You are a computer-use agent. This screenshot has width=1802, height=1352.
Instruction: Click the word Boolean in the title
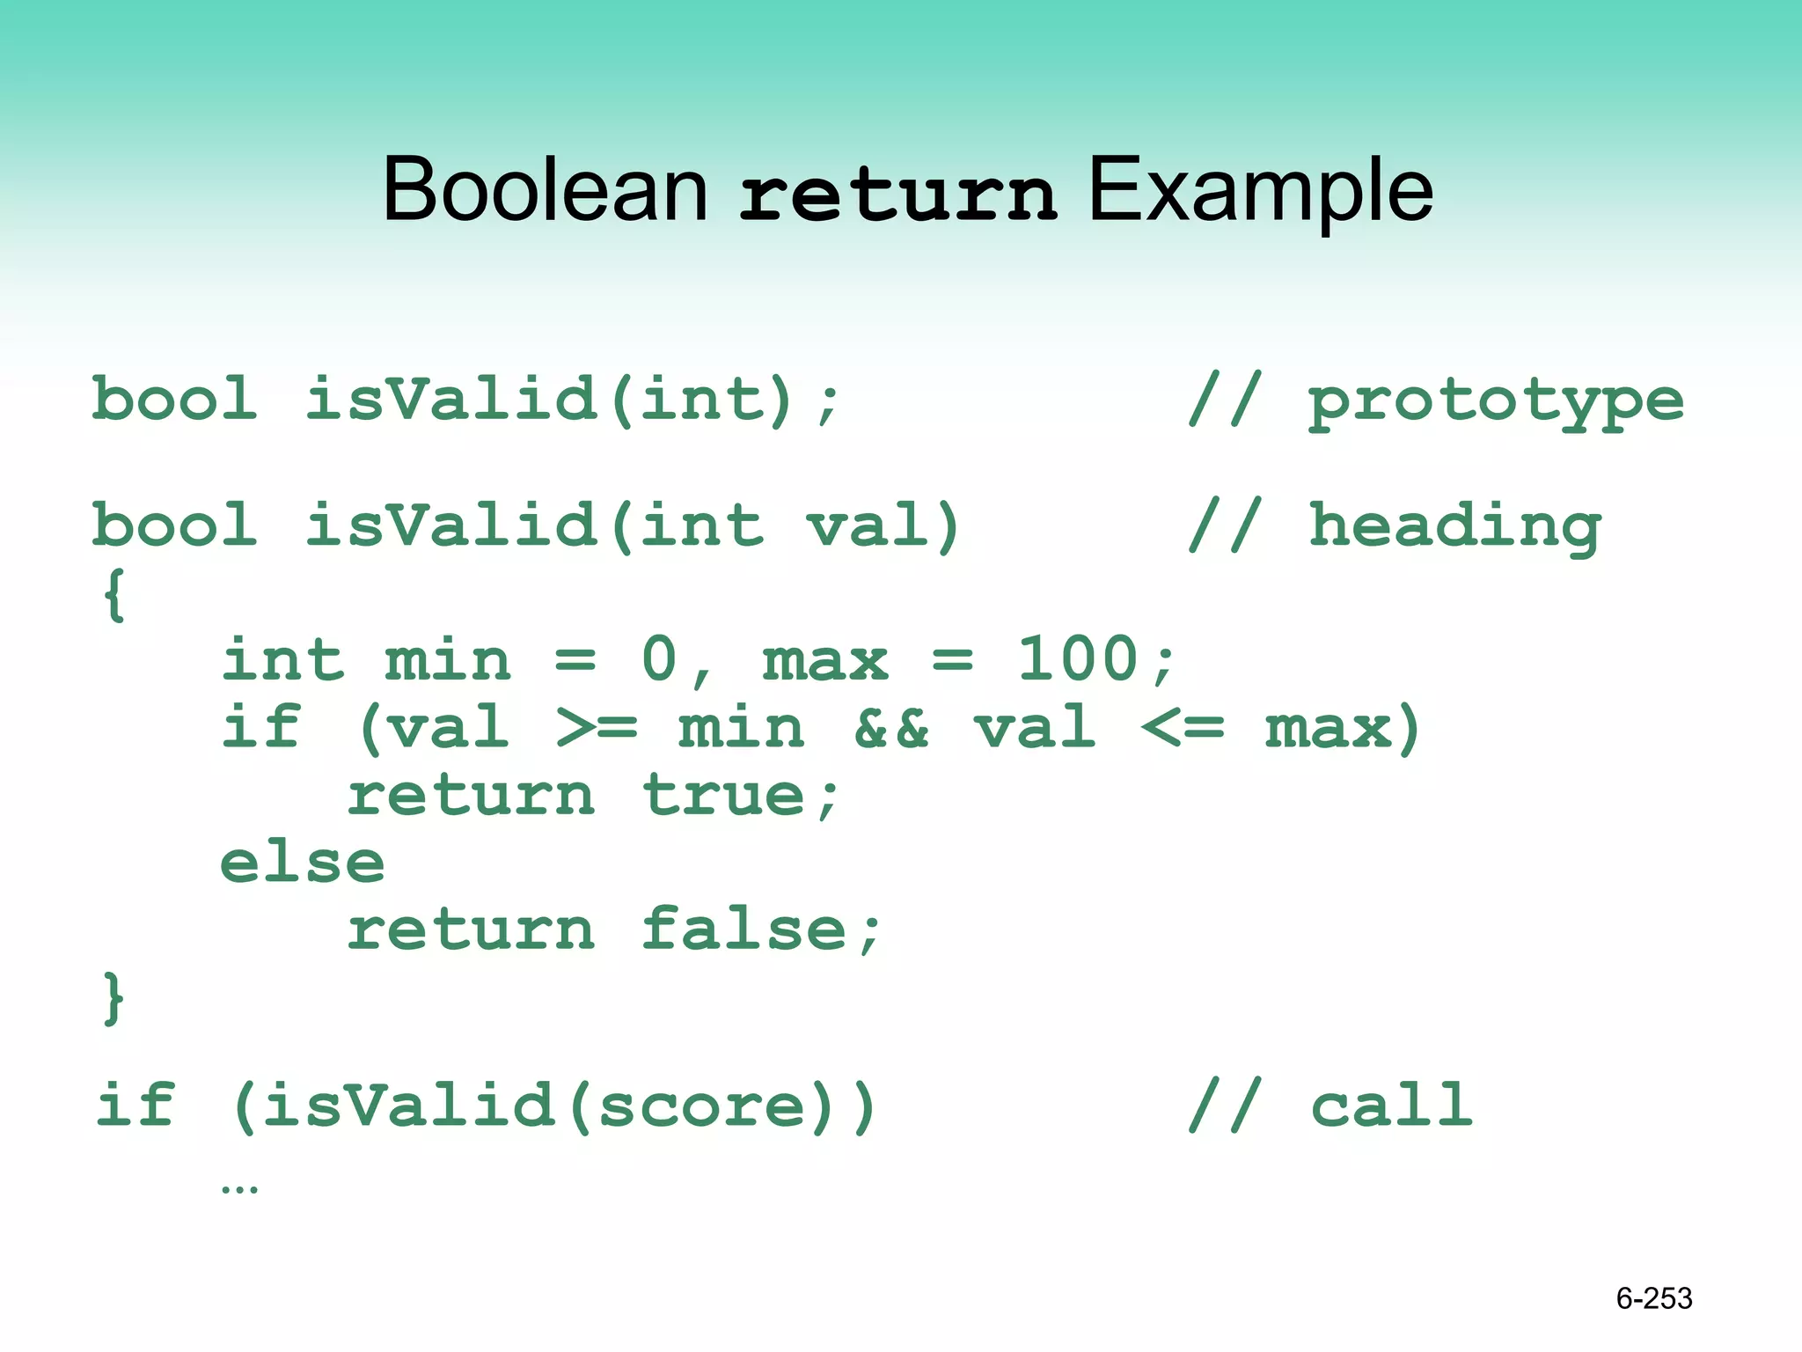(x=545, y=189)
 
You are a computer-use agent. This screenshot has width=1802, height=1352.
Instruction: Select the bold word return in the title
(x=897, y=195)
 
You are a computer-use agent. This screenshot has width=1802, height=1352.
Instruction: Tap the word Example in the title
(x=1261, y=189)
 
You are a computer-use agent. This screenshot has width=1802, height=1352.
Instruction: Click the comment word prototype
(x=1496, y=401)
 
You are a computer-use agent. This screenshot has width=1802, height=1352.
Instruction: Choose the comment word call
(x=1391, y=1105)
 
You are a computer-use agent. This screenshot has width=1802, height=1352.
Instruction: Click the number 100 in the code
(x=1078, y=659)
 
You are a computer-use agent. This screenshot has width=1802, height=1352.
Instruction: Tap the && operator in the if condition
(x=890, y=729)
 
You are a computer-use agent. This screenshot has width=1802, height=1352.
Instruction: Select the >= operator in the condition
(x=597, y=729)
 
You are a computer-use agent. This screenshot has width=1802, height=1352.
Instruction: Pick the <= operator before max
(x=1183, y=729)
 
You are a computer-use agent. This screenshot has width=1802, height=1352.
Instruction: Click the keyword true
(x=723, y=796)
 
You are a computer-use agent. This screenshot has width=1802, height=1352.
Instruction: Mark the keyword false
(x=744, y=930)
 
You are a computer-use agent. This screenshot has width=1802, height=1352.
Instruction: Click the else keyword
(x=302, y=863)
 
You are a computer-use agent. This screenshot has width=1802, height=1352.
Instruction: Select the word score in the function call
(x=702, y=1106)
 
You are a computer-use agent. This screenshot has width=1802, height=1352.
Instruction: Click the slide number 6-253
(x=1653, y=1298)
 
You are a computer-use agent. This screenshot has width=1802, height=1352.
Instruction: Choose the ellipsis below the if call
(x=239, y=1189)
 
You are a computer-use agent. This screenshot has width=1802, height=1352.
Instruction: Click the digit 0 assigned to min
(x=659, y=659)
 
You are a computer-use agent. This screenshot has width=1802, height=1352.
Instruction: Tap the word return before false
(x=471, y=930)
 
